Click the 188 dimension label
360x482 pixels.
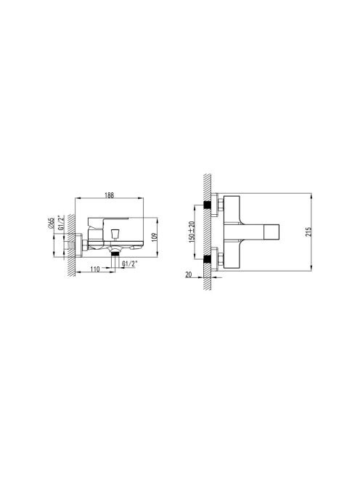click(109, 195)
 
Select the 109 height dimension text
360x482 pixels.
click(155, 237)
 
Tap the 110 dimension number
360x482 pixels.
click(95, 269)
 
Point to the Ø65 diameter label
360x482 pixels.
click(52, 223)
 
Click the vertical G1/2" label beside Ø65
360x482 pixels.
click(61, 224)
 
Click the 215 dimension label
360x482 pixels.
click(308, 232)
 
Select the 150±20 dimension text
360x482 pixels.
click(192, 232)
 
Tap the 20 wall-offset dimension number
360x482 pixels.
click(189, 274)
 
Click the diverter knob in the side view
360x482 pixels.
click(115, 234)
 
